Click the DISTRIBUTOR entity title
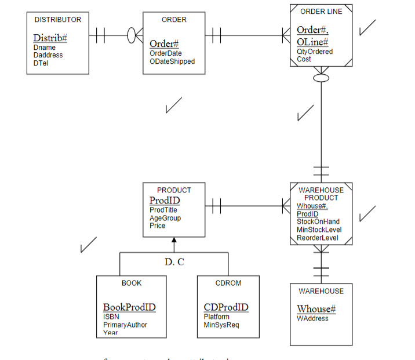[x=58, y=20]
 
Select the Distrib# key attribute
[x=50, y=38]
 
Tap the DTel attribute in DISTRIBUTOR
[x=41, y=63]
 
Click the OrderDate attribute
[x=166, y=53]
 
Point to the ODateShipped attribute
[x=172, y=61]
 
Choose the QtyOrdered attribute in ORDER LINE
[x=315, y=52]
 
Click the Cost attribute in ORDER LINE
[x=304, y=59]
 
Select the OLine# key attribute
[x=312, y=42]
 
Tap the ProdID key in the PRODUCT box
[x=165, y=200]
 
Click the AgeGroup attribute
[x=165, y=218]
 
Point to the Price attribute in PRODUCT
[x=158, y=226]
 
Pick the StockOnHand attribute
[x=318, y=221]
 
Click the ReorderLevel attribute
[x=318, y=238]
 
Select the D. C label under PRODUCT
[x=174, y=262]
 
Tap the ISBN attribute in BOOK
[x=111, y=317]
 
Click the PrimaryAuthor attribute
[x=125, y=325]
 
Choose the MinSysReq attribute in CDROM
[x=221, y=325]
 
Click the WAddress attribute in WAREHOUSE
[x=312, y=318]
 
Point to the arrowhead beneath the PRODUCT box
[x=174, y=241]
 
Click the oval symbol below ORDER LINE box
[x=321, y=77]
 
